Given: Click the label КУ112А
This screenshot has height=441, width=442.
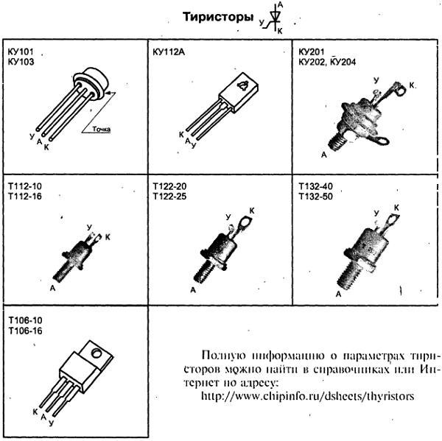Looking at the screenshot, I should click(169, 52).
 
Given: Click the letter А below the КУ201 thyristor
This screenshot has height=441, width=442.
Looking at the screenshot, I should click(324, 155).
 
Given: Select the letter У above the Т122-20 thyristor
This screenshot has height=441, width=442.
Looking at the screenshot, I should click(229, 218).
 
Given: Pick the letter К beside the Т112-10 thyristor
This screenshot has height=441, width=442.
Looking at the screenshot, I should click(108, 236).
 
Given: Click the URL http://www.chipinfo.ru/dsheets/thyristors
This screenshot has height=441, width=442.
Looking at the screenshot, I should click(308, 396).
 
